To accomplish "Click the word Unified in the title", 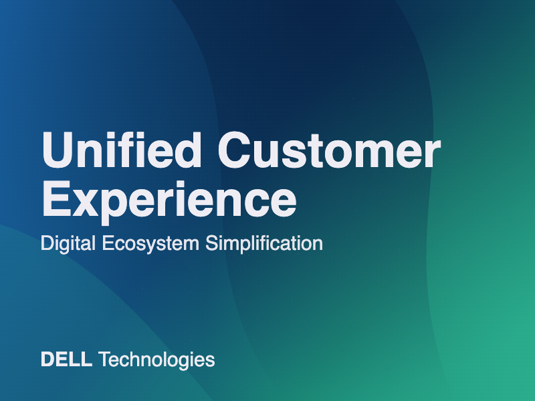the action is [122, 150].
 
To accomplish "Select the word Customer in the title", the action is [329, 150].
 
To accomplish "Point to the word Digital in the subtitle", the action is [68, 244].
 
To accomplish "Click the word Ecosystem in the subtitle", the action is [150, 244].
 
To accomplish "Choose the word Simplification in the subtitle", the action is [264, 243].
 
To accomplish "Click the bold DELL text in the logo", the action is [66, 360].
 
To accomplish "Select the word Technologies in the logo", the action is [156, 360].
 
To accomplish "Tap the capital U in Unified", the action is [58, 150].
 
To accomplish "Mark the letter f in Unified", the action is [128, 150].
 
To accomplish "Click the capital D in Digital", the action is [48, 243].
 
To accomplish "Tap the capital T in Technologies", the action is [105, 360].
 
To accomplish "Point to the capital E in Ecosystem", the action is [109, 243].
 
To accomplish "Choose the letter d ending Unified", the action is [186, 150].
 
